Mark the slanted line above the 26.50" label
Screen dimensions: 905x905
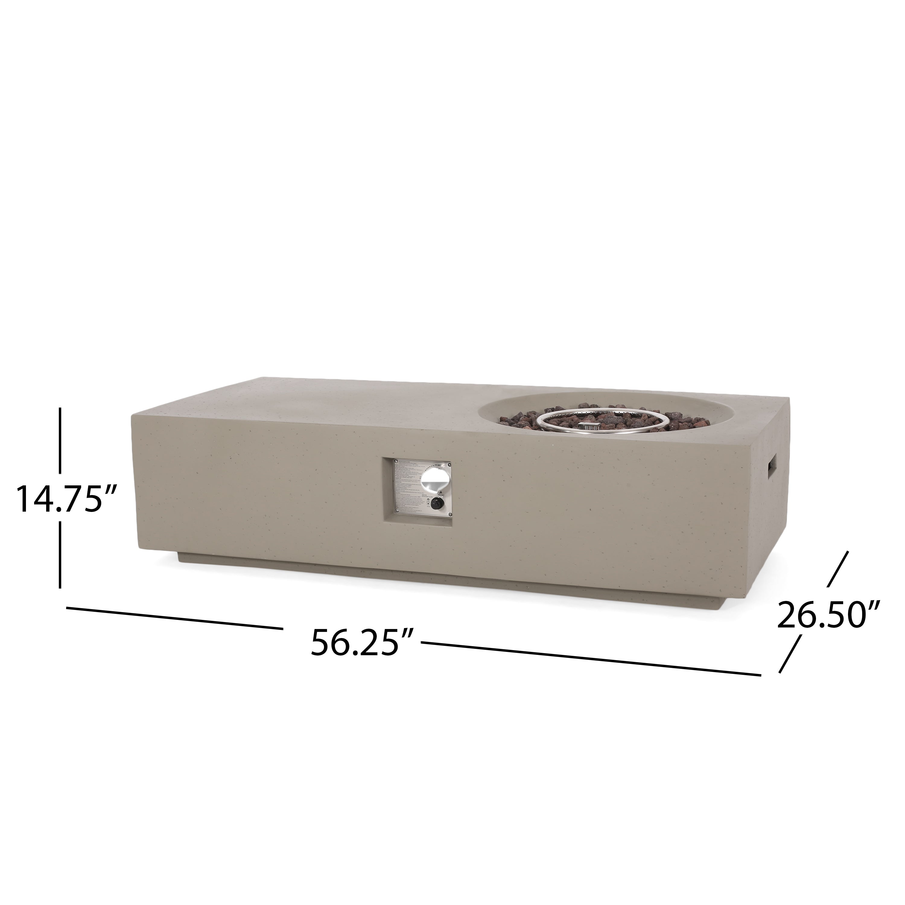(x=838, y=569)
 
